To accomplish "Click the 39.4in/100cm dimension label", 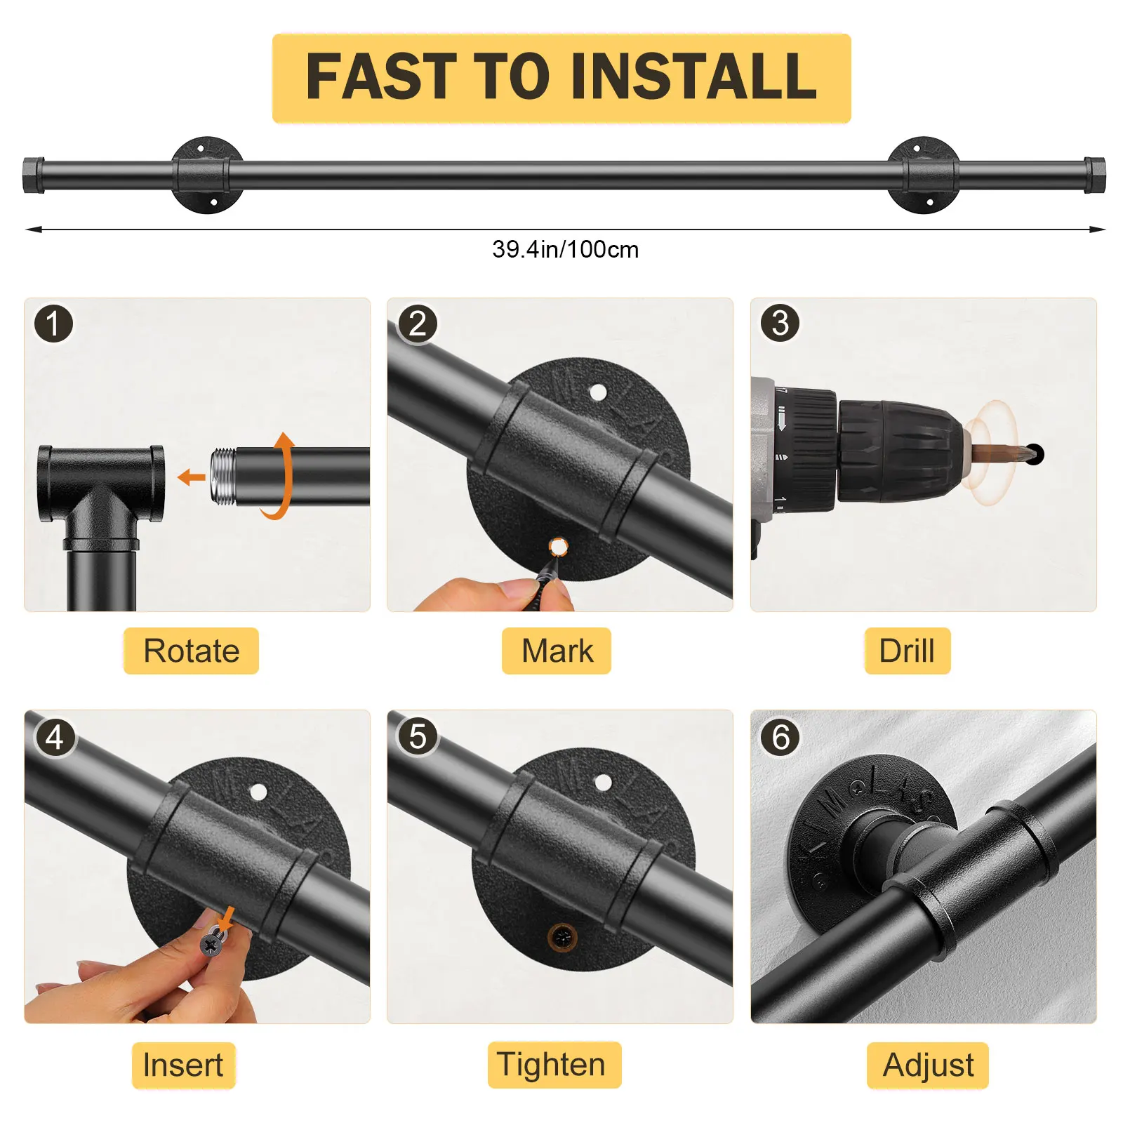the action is pos(566,249).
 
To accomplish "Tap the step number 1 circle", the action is pos(53,324).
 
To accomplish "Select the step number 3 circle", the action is pos(780,323).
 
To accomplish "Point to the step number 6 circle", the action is pos(780,737).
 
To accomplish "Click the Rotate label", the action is pos(191,651).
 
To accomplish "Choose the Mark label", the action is pos(557,651).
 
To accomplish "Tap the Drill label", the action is pos(907,651).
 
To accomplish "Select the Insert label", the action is pos(183,1065).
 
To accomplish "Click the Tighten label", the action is pos(554,1065).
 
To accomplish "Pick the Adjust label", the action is pos(928,1065).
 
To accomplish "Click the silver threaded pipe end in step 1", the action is pos(223,476).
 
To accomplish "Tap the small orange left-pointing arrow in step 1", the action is pos(192,478).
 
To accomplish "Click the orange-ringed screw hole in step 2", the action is pos(558,546).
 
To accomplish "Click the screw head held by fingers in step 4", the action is pos(211,944).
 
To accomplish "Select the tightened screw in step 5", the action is pos(562,936).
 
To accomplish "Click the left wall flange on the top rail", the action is pos(207,175).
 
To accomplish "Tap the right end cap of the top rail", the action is pos(1094,175).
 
